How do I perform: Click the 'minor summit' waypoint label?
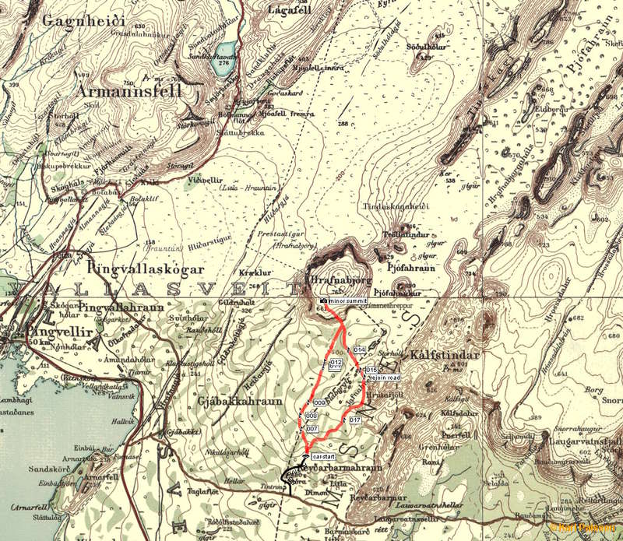coord(347,300)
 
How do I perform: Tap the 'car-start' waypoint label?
coord(322,455)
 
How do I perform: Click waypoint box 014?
coord(359,350)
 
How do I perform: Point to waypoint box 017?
coord(355,420)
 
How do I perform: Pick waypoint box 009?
coord(318,402)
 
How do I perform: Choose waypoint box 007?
coord(312,429)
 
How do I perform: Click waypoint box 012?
coord(336,363)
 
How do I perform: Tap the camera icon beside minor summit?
coord(323,300)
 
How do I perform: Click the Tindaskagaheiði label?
coord(396,207)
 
